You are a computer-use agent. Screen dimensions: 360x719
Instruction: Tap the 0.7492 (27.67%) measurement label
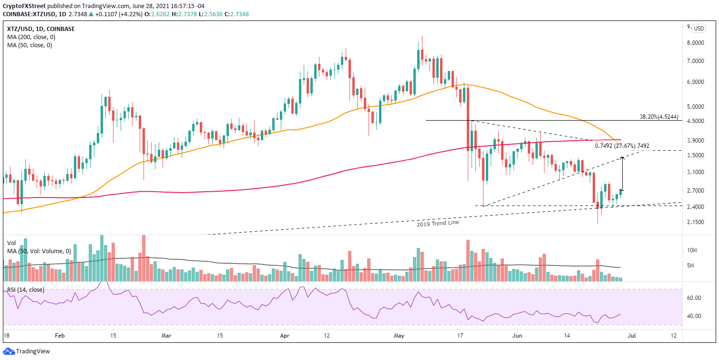point(621,146)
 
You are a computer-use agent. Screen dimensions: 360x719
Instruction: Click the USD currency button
point(698,28)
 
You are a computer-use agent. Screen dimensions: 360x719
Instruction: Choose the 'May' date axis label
point(399,336)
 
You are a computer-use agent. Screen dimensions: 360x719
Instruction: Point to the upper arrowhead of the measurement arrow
point(623,157)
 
